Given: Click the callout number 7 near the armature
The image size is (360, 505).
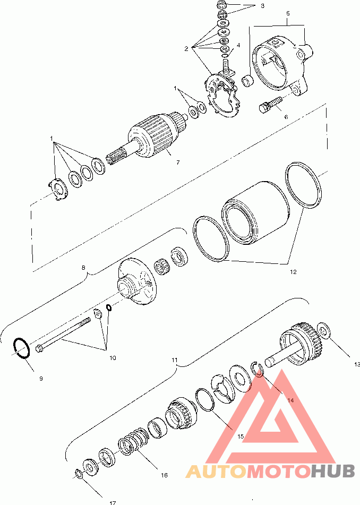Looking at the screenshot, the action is point(178,162).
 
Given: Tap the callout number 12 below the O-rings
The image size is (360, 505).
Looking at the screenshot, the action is point(293,272).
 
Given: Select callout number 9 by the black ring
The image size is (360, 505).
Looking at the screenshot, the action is point(41,379).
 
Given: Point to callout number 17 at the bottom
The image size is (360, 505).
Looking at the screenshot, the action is point(113,502).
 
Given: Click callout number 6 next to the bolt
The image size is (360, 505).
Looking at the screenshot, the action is point(286,117).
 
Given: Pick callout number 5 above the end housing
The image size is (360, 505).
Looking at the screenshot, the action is point(288,13).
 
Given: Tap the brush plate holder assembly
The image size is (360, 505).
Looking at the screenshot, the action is point(222,94).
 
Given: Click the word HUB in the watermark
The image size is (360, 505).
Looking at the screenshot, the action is point(333,471).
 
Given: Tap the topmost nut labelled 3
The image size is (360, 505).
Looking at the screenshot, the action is point(222,5).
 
